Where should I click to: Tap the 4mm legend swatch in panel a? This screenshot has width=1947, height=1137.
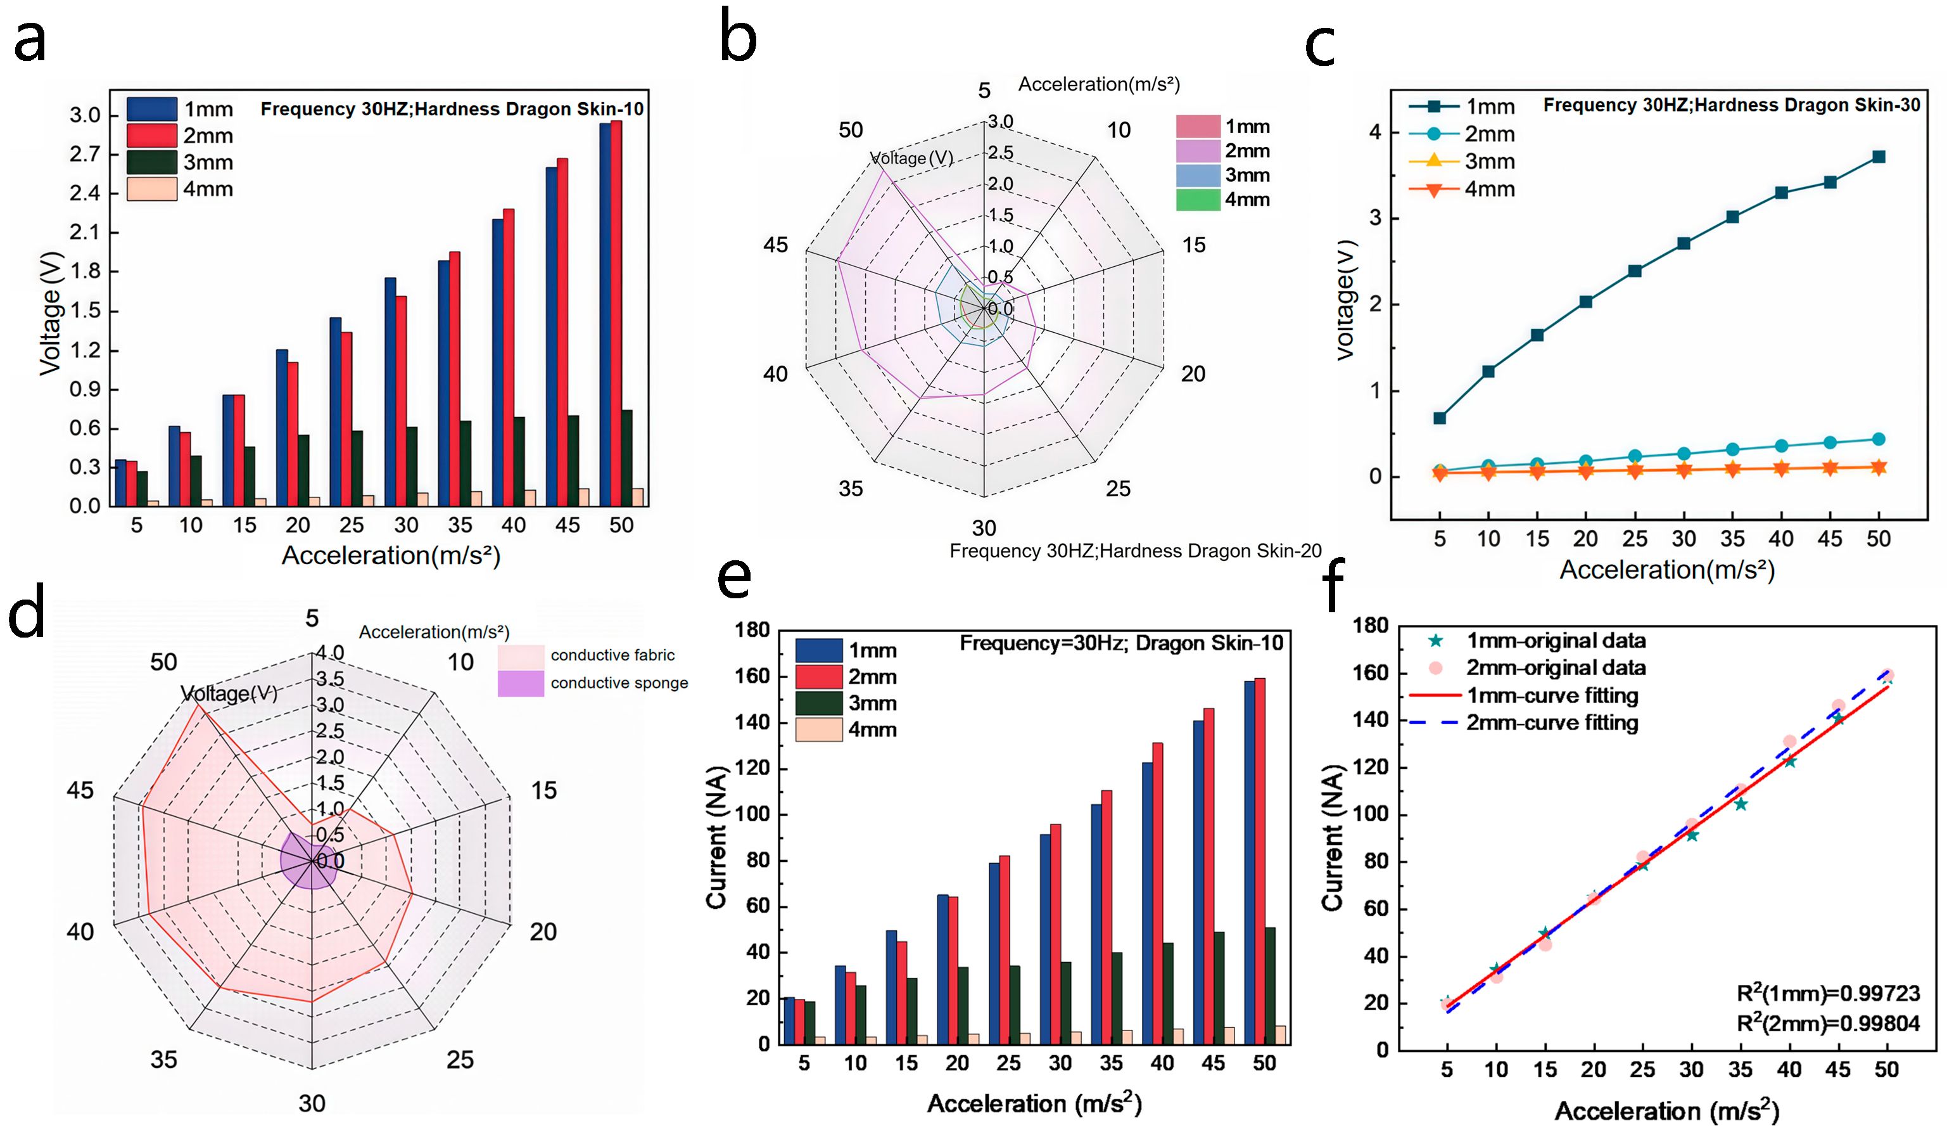tap(151, 189)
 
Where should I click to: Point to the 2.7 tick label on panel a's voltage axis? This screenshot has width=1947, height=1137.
tap(85, 155)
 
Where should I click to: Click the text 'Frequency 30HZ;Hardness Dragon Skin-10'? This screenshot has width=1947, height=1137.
tap(452, 109)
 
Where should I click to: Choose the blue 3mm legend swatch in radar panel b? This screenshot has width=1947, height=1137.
tap(1198, 176)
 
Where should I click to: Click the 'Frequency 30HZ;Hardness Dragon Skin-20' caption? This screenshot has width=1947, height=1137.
tap(1135, 551)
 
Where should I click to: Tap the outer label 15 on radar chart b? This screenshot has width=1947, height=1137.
tap(1194, 246)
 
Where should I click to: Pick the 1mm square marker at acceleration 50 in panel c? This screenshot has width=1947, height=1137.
tap(1879, 157)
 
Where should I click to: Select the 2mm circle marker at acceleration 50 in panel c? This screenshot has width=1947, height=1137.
tap(1879, 439)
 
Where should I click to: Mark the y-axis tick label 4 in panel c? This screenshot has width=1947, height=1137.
tap(1375, 132)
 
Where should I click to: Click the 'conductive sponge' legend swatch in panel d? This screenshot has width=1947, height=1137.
tap(521, 683)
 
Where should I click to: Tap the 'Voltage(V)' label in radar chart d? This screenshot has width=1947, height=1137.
tap(229, 693)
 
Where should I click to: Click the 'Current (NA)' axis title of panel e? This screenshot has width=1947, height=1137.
tap(716, 837)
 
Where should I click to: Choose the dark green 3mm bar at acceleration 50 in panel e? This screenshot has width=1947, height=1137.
tap(1270, 986)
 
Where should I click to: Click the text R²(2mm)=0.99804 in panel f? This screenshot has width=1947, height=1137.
tap(1828, 1024)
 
